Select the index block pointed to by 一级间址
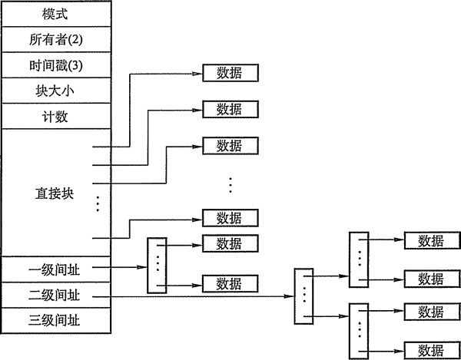click(x=156, y=265)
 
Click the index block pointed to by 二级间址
click(x=304, y=295)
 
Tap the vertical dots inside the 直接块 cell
click(x=98, y=203)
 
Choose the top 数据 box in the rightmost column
click(x=431, y=240)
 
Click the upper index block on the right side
click(x=359, y=258)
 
